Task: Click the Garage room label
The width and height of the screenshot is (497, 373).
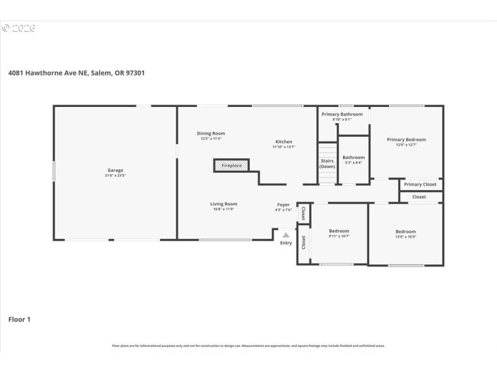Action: pyautogui.click(x=115, y=170)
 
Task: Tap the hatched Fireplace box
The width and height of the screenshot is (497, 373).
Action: pyautogui.click(x=232, y=165)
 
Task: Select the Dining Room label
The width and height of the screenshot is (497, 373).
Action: pyautogui.click(x=211, y=133)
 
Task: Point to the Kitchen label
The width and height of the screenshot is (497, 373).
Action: pyautogui.click(x=283, y=142)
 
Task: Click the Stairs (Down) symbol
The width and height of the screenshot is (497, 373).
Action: pyautogui.click(x=327, y=163)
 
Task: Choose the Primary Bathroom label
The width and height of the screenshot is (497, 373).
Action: pyautogui.click(x=342, y=114)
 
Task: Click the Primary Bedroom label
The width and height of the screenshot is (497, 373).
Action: pyautogui.click(x=406, y=140)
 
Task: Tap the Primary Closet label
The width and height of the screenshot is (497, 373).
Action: pyautogui.click(x=421, y=184)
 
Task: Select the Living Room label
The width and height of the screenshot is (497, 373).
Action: pyautogui.click(x=223, y=204)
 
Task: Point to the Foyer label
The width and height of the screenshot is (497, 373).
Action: pyautogui.click(x=283, y=205)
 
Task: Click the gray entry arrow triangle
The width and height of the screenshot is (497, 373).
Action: pyautogui.click(x=286, y=235)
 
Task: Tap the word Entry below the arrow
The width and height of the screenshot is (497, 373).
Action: pyautogui.click(x=286, y=243)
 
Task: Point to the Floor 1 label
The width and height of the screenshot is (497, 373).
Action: pyautogui.click(x=19, y=320)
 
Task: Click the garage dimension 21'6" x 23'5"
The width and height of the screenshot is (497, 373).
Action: pyautogui.click(x=115, y=176)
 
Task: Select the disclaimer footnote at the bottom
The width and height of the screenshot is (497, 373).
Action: pyautogui.click(x=248, y=346)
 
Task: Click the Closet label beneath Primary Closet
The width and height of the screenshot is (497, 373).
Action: pyautogui.click(x=419, y=197)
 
